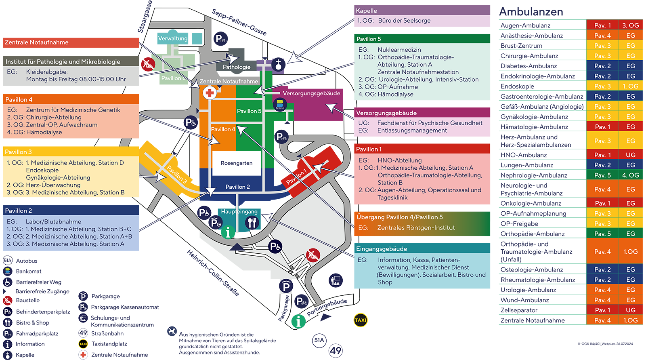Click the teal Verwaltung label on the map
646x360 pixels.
click(173, 38)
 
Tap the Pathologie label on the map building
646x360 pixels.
click(237, 67)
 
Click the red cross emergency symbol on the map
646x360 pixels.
click(210, 93)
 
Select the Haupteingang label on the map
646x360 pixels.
click(239, 211)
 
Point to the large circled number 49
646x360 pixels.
click(336, 350)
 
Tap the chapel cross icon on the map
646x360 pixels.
click(278, 64)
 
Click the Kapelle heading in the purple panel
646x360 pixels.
click(366, 11)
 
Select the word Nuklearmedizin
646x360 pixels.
click(399, 50)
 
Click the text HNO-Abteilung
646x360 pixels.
click(399, 160)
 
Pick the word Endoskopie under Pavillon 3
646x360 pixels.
click(42, 170)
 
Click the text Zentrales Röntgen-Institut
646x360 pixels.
click(416, 228)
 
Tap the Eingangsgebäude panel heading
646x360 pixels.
click(381, 249)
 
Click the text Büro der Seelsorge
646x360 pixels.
click(404, 21)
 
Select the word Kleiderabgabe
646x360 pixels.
click(47, 72)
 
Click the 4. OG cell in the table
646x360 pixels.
click(630, 175)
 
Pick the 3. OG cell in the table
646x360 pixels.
click(630, 25)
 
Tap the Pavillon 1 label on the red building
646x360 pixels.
click(296, 176)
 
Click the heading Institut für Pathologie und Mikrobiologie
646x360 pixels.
click(63, 62)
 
